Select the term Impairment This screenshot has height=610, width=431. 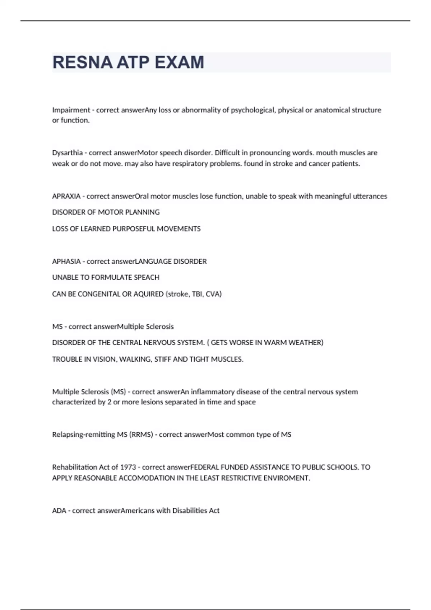tap(71, 110)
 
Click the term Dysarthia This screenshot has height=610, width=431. tap(67, 152)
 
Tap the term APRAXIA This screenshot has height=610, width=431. tap(66, 196)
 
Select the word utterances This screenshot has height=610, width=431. tap(370, 196)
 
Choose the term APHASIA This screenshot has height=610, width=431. tap(66, 261)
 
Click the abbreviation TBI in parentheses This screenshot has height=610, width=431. tap(197, 294)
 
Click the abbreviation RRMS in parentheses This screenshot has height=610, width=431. tap(141, 435)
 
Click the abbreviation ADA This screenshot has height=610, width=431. tap(59, 511)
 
